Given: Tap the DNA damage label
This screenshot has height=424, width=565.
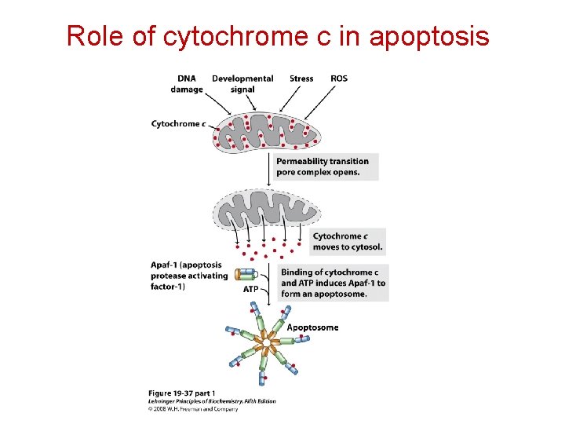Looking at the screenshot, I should pyautogui.click(x=187, y=84).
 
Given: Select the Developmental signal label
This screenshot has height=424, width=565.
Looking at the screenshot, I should pyautogui.click(x=242, y=84).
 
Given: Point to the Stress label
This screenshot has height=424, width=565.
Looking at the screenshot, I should pyautogui.click(x=301, y=79).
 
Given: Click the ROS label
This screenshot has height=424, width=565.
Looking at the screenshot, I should pyautogui.click(x=339, y=79).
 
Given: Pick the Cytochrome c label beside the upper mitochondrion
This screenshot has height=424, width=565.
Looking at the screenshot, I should pyautogui.click(x=178, y=123).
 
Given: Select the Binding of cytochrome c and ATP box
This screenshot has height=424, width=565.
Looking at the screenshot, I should pyautogui.click(x=333, y=283).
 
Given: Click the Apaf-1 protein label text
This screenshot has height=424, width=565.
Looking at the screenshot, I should pyautogui.click(x=189, y=276).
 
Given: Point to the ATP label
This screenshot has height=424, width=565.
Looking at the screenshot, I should pyautogui.click(x=250, y=289).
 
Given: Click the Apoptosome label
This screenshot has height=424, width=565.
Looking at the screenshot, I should pyautogui.click(x=312, y=327).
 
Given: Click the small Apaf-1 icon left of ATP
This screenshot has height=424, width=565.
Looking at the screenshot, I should pyautogui.click(x=246, y=275).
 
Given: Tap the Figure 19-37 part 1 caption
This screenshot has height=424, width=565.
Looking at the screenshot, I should pyautogui.click(x=181, y=393).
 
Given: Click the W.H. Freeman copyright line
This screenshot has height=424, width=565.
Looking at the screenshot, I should pyautogui.click(x=193, y=408).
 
